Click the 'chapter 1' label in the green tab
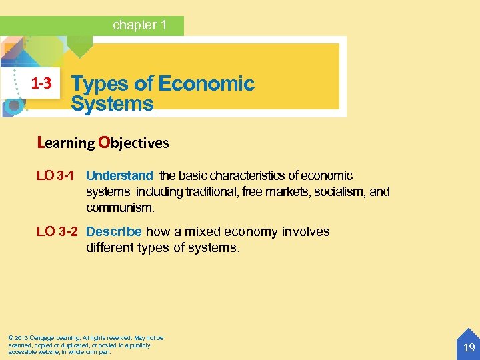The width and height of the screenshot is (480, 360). pyautogui.click(x=139, y=25)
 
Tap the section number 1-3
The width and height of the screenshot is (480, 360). pyautogui.click(x=43, y=84)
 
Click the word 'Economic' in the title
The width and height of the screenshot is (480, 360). pyautogui.click(x=207, y=84)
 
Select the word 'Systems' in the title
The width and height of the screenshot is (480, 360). pyautogui.click(x=112, y=104)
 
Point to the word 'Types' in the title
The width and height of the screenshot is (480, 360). pyautogui.click(x=99, y=84)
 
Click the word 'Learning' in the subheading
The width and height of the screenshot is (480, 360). pyautogui.click(x=66, y=143)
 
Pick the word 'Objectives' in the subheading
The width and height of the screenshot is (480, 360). pyautogui.click(x=133, y=143)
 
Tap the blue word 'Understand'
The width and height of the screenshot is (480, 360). pyautogui.click(x=119, y=176)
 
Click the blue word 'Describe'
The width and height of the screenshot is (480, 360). pyautogui.click(x=114, y=232)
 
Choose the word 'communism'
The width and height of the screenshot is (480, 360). pyautogui.click(x=119, y=207)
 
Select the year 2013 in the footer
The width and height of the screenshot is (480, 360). pyautogui.click(x=21, y=338)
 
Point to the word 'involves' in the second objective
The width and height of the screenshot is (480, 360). pyautogui.click(x=305, y=232)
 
